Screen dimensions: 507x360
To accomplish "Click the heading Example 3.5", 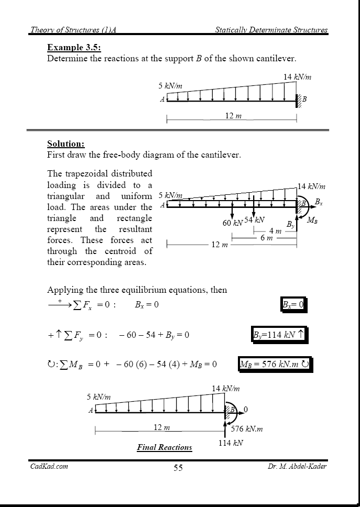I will click(x=74, y=47).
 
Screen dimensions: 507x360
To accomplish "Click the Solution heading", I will click(x=66, y=144).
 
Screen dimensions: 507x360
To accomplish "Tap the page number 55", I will click(x=178, y=468).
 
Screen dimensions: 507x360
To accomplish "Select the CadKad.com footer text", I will click(x=49, y=466).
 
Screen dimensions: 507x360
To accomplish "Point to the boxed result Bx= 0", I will click(x=293, y=304).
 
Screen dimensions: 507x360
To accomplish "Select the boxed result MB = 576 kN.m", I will click(x=275, y=365).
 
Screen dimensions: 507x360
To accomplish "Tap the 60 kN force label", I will click(x=233, y=223).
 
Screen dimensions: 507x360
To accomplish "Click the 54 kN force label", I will click(x=255, y=220).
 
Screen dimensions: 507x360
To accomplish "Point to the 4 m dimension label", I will click(x=275, y=231).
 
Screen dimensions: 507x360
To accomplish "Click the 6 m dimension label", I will click(x=266, y=238).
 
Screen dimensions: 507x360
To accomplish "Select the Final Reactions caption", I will click(x=165, y=447).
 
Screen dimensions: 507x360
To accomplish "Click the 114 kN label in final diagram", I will click(x=231, y=443).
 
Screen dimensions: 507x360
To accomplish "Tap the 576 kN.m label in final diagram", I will click(x=247, y=429).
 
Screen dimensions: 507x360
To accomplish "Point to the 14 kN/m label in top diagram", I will click(x=297, y=77).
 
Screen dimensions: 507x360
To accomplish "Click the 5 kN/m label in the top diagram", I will click(x=170, y=85).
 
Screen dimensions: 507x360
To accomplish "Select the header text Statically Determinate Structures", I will click(x=271, y=30).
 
